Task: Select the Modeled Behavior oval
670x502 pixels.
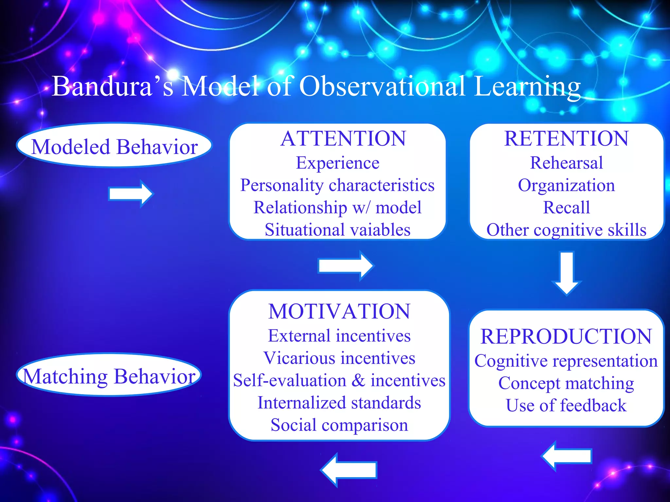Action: point(114,146)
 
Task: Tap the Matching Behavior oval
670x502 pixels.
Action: point(109,376)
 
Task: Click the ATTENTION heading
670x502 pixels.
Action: point(343,138)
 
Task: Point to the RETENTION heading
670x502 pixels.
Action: point(566,138)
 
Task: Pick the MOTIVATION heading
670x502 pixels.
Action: point(339,311)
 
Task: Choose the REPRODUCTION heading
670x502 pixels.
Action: point(566,336)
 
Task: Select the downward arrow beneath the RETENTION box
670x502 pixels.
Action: point(567,273)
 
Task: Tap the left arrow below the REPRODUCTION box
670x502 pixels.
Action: point(567,456)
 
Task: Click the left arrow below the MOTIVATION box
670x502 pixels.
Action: point(349,470)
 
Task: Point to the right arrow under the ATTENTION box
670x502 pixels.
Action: point(345,265)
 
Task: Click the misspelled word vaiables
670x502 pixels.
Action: point(381,230)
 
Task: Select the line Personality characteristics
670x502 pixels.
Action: point(337,185)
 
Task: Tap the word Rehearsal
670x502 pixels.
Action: point(566,163)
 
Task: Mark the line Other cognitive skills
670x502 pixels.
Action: point(566,230)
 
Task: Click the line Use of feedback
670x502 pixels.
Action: point(566,406)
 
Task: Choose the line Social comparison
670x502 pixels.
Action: point(339,425)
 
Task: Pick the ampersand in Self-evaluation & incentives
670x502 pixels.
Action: point(359,380)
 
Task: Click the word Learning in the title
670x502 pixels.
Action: point(527,86)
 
